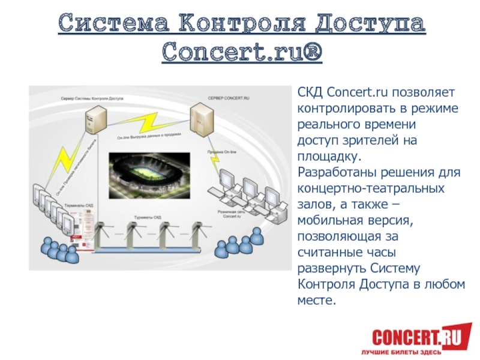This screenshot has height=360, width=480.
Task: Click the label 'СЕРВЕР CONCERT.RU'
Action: tap(229, 97)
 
